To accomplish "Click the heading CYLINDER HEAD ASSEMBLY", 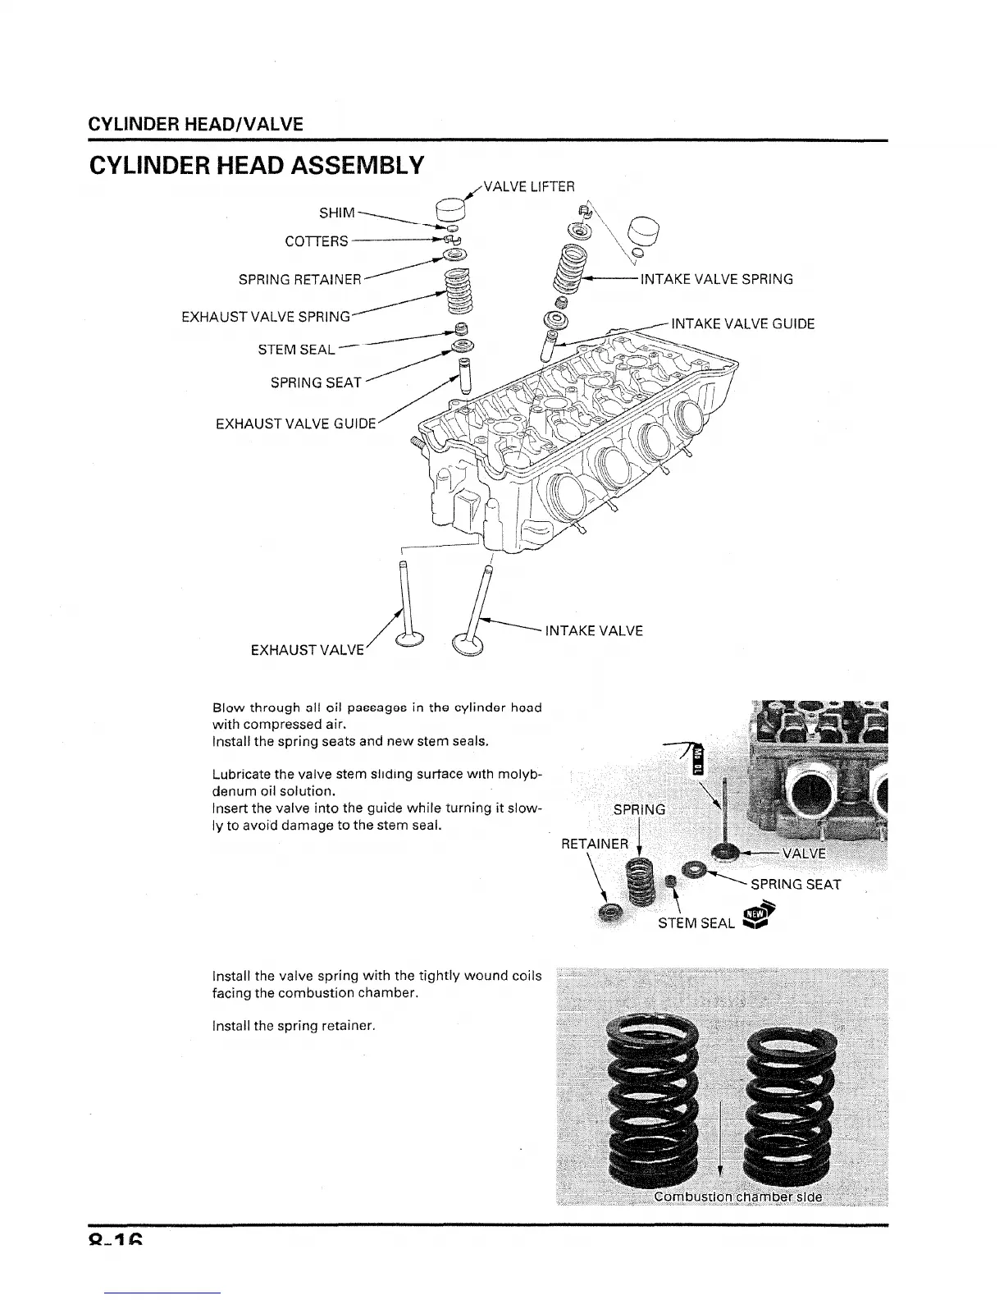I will point(256,166).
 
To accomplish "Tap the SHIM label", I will point(336,213).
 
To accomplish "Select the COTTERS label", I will point(316,241).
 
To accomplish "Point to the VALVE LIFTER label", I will point(529,186).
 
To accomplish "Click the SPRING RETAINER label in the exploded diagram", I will point(299,280).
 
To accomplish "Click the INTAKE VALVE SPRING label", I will point(716,279).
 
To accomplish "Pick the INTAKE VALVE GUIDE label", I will point(742,323).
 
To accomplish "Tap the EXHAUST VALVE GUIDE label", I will point(295,424).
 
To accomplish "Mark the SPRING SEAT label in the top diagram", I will point(316,383).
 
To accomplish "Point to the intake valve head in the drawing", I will point(469,645).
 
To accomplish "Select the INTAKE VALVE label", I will point(594,631).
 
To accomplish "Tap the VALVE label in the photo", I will point(804,854).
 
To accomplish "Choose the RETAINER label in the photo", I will point(595,844).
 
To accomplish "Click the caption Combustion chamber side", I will point(737,1196).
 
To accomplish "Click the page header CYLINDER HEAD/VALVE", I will point(195,125).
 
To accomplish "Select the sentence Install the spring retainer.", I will point(293,1026).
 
